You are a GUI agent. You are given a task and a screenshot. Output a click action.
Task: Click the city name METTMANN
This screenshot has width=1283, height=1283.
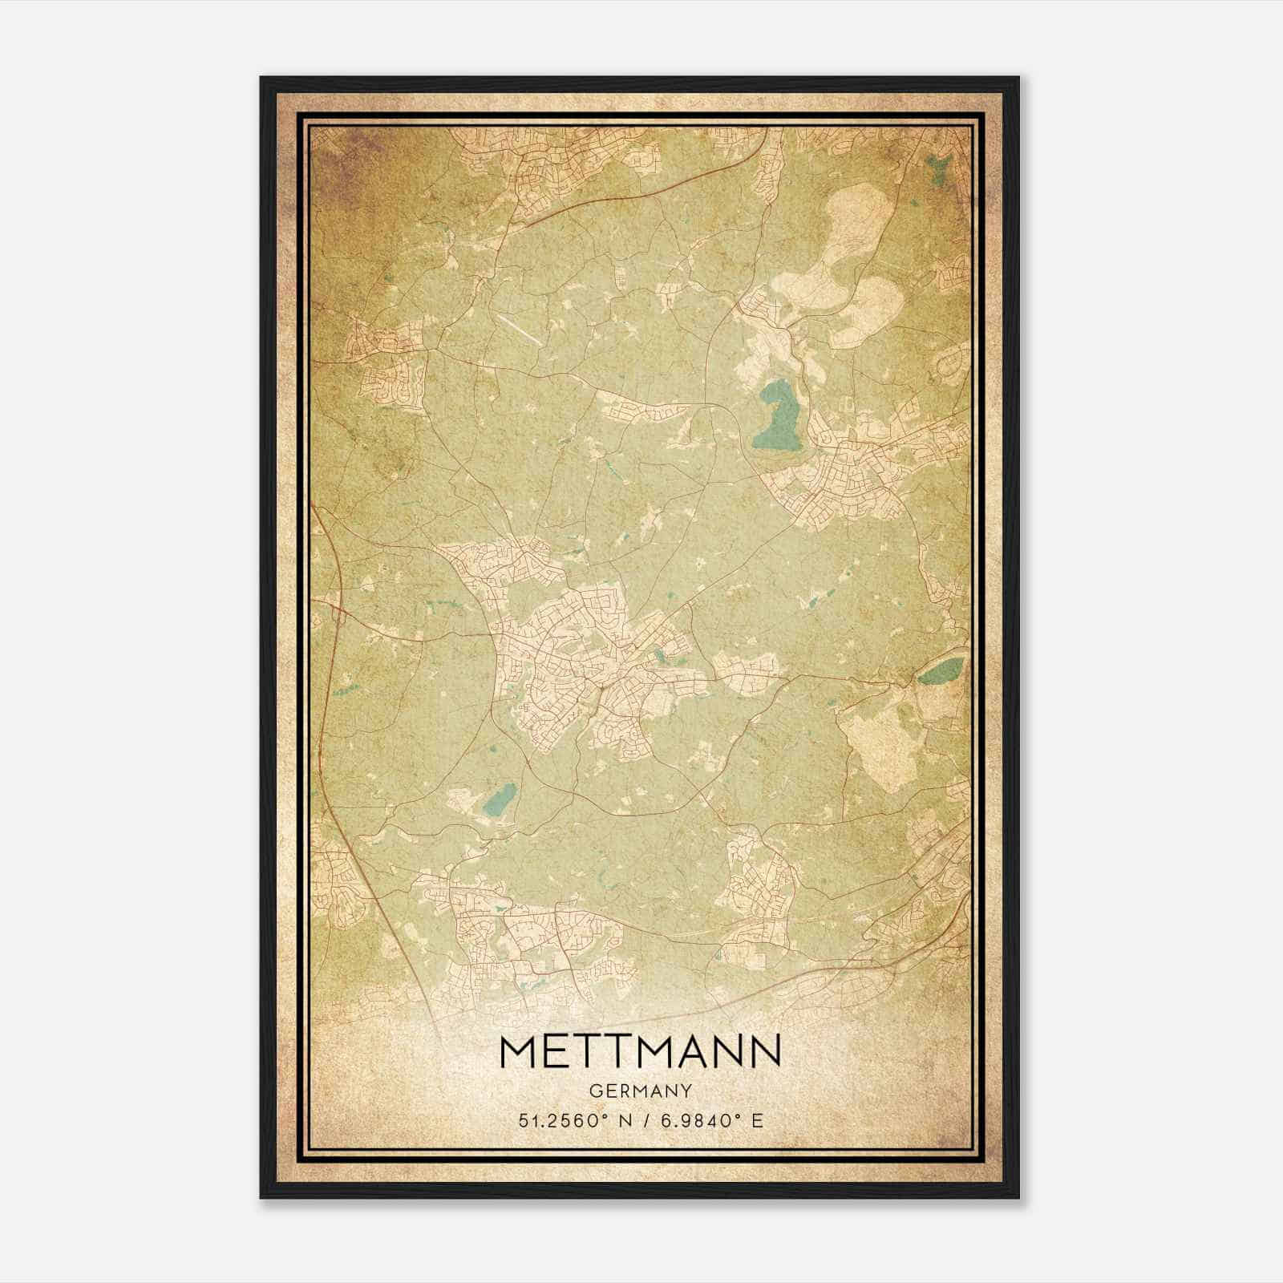point(640,1051)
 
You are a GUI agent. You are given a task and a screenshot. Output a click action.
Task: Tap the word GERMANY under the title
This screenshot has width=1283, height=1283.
point(640,1091)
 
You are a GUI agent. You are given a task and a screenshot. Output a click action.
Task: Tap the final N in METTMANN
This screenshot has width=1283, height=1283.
point(766,1051)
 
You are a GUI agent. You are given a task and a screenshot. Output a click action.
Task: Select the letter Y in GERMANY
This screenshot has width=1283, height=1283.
point(685,1091)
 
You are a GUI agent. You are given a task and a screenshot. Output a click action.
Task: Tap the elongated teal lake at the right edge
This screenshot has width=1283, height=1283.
point(941,670)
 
